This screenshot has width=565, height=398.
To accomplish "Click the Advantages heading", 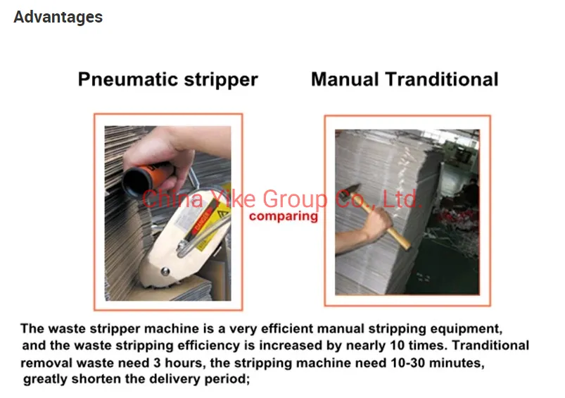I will pyautogui.click(x=58, y=17).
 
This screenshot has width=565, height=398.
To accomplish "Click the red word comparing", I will pyautogui.click(x=283, y=216).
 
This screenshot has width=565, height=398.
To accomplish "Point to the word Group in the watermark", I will pyautogui.click(x=294, y=199).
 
